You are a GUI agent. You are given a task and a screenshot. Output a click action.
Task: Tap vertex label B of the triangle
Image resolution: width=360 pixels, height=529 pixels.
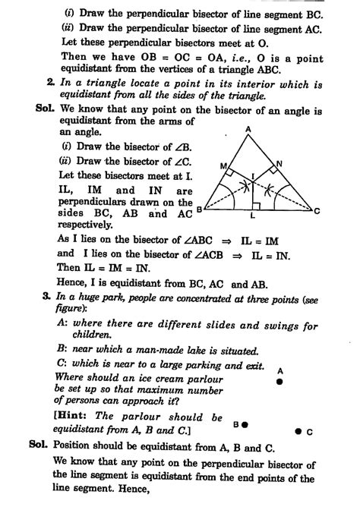(x=199, y=208)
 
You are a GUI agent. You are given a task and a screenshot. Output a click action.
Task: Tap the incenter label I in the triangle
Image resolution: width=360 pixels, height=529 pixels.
(x=257, y=175)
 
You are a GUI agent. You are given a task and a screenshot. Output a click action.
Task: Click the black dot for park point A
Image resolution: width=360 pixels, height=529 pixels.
(x=279, y=383)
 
